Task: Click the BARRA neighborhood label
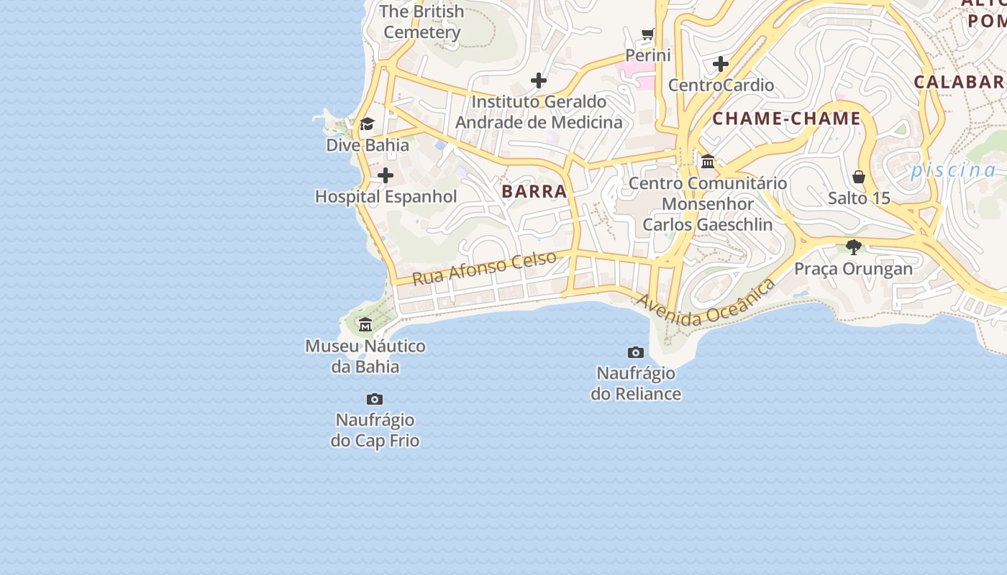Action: pos(534,192)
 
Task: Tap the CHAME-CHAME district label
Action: pos(786,119)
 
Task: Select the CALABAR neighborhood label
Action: pos(960,82)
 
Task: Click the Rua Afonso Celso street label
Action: pos(484,267)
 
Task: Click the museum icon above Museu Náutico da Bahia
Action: pos(365,324)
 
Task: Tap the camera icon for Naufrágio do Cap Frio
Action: pos(375,399)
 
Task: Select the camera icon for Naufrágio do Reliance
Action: pos(636,352)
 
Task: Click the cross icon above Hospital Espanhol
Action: pos(386,175)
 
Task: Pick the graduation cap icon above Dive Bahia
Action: pos(367,124)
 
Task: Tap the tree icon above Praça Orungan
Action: pos(854,247)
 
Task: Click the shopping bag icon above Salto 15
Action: pos(859,177)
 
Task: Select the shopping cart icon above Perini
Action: pos(648,34)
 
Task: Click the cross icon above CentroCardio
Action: pos(721,64)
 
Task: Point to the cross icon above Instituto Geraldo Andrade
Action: pos(538,80)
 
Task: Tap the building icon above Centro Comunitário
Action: pos(708,161)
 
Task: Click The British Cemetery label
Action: pos(422,22)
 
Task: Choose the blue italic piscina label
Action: pos(953,170)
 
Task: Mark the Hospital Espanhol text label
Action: pos(386,196)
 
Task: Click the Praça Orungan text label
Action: pos(853,269)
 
